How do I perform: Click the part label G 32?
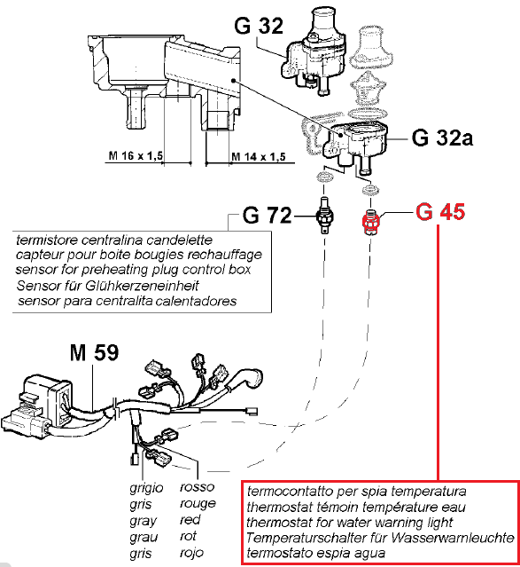(x=259, y=26)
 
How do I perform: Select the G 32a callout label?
(x=442, y=138)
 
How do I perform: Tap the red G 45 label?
(x=440, y=212)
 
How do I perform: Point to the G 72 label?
(x=267, y=215)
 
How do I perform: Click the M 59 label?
(x=94, y=352)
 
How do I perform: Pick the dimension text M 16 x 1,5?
(x=136, y=156)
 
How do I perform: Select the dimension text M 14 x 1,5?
(x=258, y=157)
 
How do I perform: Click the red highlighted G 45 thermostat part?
(x=371, y=221)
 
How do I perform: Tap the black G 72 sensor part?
(x=324, y=216)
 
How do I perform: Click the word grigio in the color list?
(x=146, y=488)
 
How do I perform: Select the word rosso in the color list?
(x=198, y=487)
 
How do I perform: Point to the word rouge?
(x=198, y=504)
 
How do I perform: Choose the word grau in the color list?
(x=144, y=538)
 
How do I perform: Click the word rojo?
(x=191, y=553)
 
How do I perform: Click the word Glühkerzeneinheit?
(x=142, y=286)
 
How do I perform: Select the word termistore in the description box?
(x=47, y=240)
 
